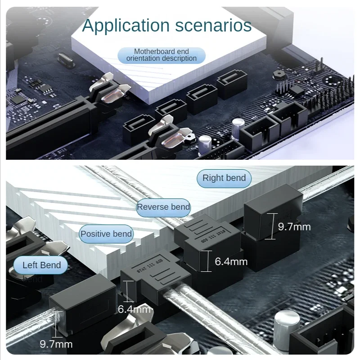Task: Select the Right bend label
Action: tap(224, 178)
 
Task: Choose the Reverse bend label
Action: tap(163, 207)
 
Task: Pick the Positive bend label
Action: tap(106, 234)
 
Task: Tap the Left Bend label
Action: tap(41, 265)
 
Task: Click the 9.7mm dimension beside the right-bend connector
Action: tap(294, 226)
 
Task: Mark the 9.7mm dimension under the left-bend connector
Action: tap(56, 344)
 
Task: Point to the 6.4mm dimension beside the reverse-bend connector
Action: tap(231, 261)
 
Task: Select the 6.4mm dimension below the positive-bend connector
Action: tap(134, 309)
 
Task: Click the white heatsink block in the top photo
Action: tap(148, 72)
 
